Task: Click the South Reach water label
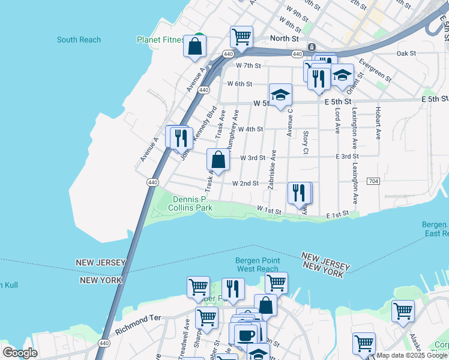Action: (x=79, y=40)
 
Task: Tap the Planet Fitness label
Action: (x=160, y=40)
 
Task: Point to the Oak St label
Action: (x=406, y=53)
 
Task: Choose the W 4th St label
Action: (x=250, y=129)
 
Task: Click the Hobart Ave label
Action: (x=378, y=123)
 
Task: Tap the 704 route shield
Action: (x=373, y=181)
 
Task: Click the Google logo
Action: (x=20, y=353)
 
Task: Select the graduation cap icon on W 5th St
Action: (x=280, y=95)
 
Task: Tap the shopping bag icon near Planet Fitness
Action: (x=195, y=46)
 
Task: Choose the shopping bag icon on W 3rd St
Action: (x=218, y=160)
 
